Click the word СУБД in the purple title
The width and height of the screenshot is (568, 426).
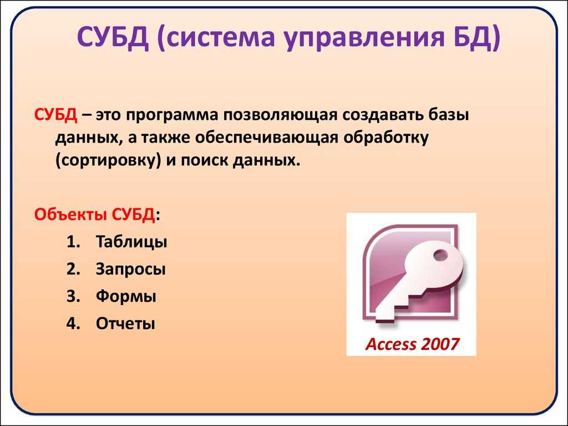[113, 37]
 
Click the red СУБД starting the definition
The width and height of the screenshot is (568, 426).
[56, 115]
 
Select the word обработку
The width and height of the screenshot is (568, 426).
[386, 138]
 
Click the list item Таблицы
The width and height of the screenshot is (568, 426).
[131, 242]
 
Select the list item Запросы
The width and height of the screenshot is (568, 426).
[131, 270]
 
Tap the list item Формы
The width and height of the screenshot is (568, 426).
[126, 296]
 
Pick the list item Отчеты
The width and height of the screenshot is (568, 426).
[125, 323]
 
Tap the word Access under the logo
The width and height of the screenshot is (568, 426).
[391, 344]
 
